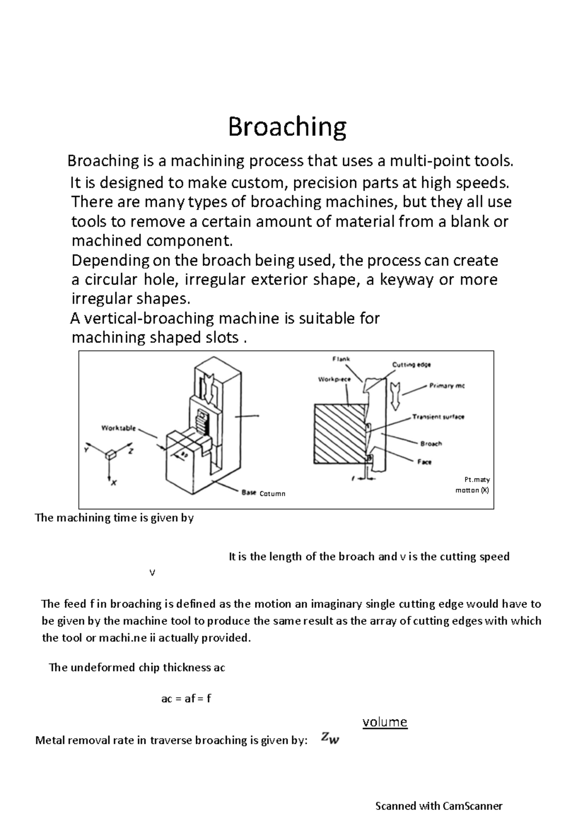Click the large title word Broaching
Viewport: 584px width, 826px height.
pyautogui.click(x=287, y=127)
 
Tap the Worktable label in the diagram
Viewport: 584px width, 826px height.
pyautogui.click(x=118, y=428)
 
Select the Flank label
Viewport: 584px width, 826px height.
pyautogui.click(x=341, y=359)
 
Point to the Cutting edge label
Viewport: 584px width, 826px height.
pyautogui.click(x=411, y=364)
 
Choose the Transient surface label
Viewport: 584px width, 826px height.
pyautogui.click(x=438, y=417)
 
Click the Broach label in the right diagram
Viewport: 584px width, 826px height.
pyautogui.click(x=431, y=444)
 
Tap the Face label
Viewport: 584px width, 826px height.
pyautogui.click(x=424, y=462)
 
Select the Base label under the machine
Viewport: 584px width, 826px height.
pyautogui.click(x=249, y=493)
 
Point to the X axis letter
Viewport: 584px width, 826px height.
pyautogui.click(x=114, y=483)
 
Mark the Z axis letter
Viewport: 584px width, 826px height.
pyautogui.click(x=130, y=451)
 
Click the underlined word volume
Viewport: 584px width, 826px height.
pyautogui.click(x=384, y=721)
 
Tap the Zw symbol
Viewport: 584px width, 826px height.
pyautogui.click(x=330, y=739)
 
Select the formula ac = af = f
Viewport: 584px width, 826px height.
pyautogui.click(x=186, y=699)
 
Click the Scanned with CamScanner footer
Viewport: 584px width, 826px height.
pyautogui.click(x=438, y=806)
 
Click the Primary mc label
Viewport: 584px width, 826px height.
pyautogui.click(x=447, y=386)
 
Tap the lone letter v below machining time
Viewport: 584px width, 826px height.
pyautogui.click(x=152, y=573)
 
